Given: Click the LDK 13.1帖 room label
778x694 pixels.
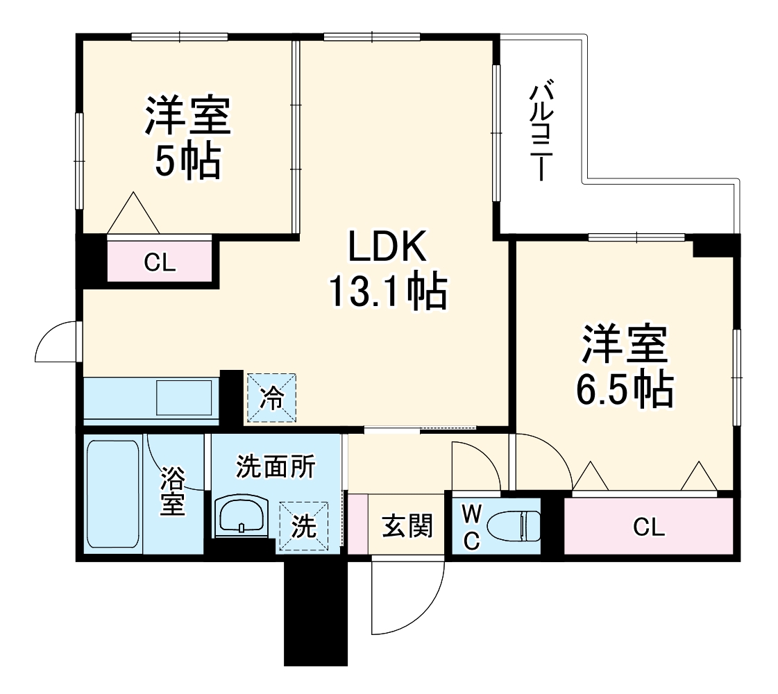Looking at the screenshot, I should click(x=386, y=271).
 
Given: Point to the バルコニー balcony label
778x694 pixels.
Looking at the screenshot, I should click(x=542, y=132).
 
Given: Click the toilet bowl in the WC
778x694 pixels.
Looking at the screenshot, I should click(x=514, y=526).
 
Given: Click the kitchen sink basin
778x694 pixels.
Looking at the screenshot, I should click(x=184, y=399).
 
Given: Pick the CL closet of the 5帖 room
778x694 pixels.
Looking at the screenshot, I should click(x=160, y=262).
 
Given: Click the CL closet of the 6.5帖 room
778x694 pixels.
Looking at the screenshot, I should click(x=648, y=527).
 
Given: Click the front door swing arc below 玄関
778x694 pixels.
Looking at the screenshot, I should click(x=409, y=597).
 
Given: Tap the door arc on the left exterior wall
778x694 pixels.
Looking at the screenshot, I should click(x=57, y=342).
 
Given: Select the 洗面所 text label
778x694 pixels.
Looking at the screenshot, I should click(x=276, y=467).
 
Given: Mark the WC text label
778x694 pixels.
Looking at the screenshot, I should click(x=471, y=527).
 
